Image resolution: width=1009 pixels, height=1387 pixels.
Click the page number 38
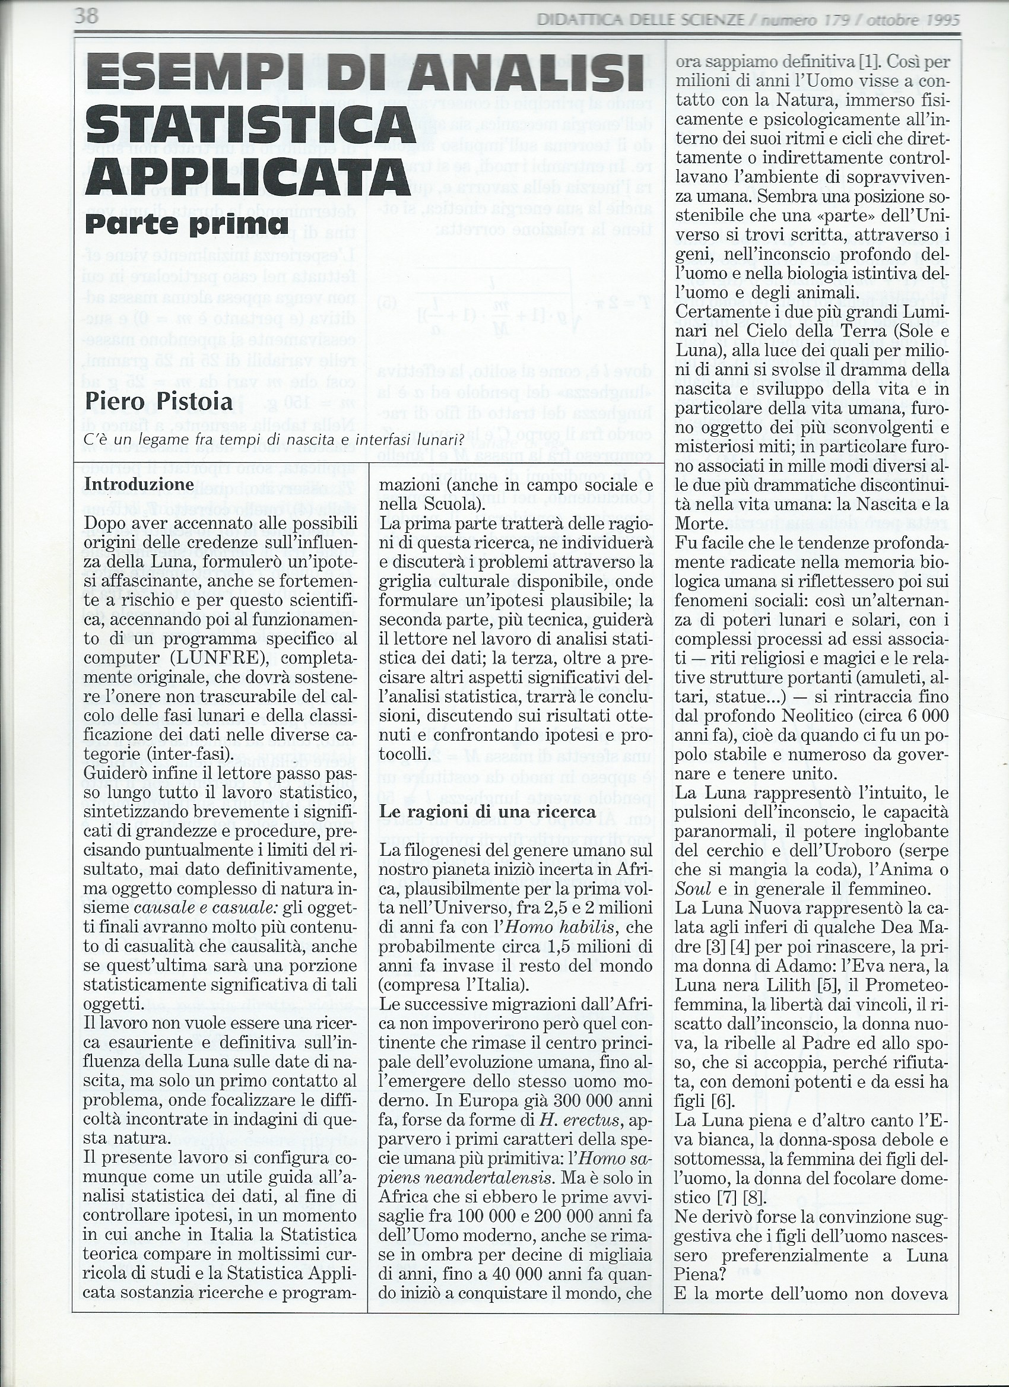[86, 16]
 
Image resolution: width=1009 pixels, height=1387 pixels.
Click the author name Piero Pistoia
[158, 402]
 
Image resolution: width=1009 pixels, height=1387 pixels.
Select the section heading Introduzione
[139, 484]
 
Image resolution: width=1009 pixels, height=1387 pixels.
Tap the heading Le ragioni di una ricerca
[487, 812]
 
